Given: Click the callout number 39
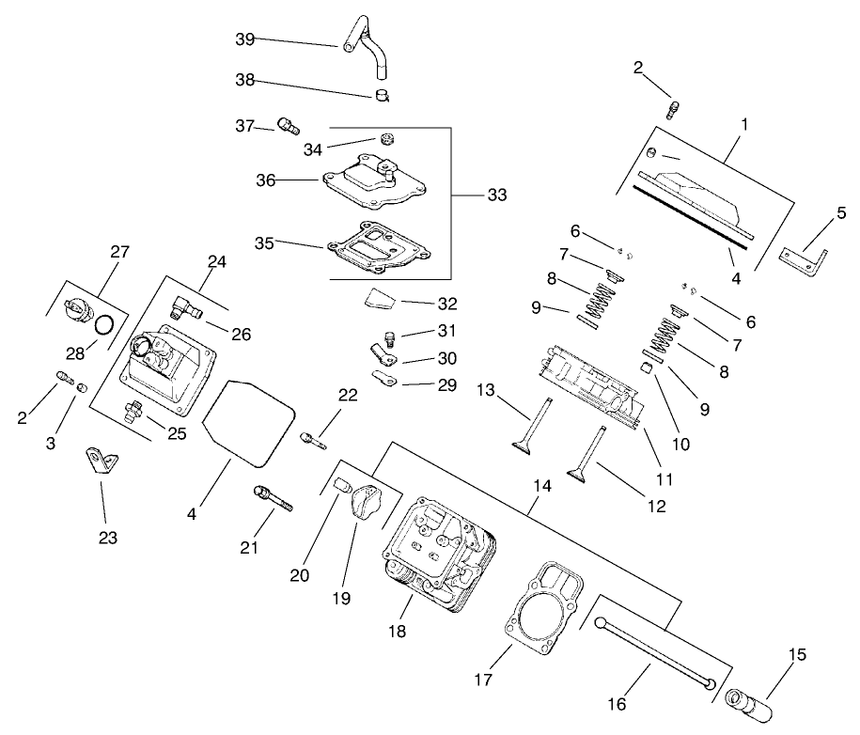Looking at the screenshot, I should point(244,39).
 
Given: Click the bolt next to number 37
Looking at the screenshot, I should point(289,126).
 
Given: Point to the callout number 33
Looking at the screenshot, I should point(496,195).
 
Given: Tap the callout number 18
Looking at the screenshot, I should point(398,632).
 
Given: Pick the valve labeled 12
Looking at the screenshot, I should point(588,455).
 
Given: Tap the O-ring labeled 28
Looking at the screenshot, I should point(107,325).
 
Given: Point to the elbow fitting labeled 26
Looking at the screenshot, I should point(184,307).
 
